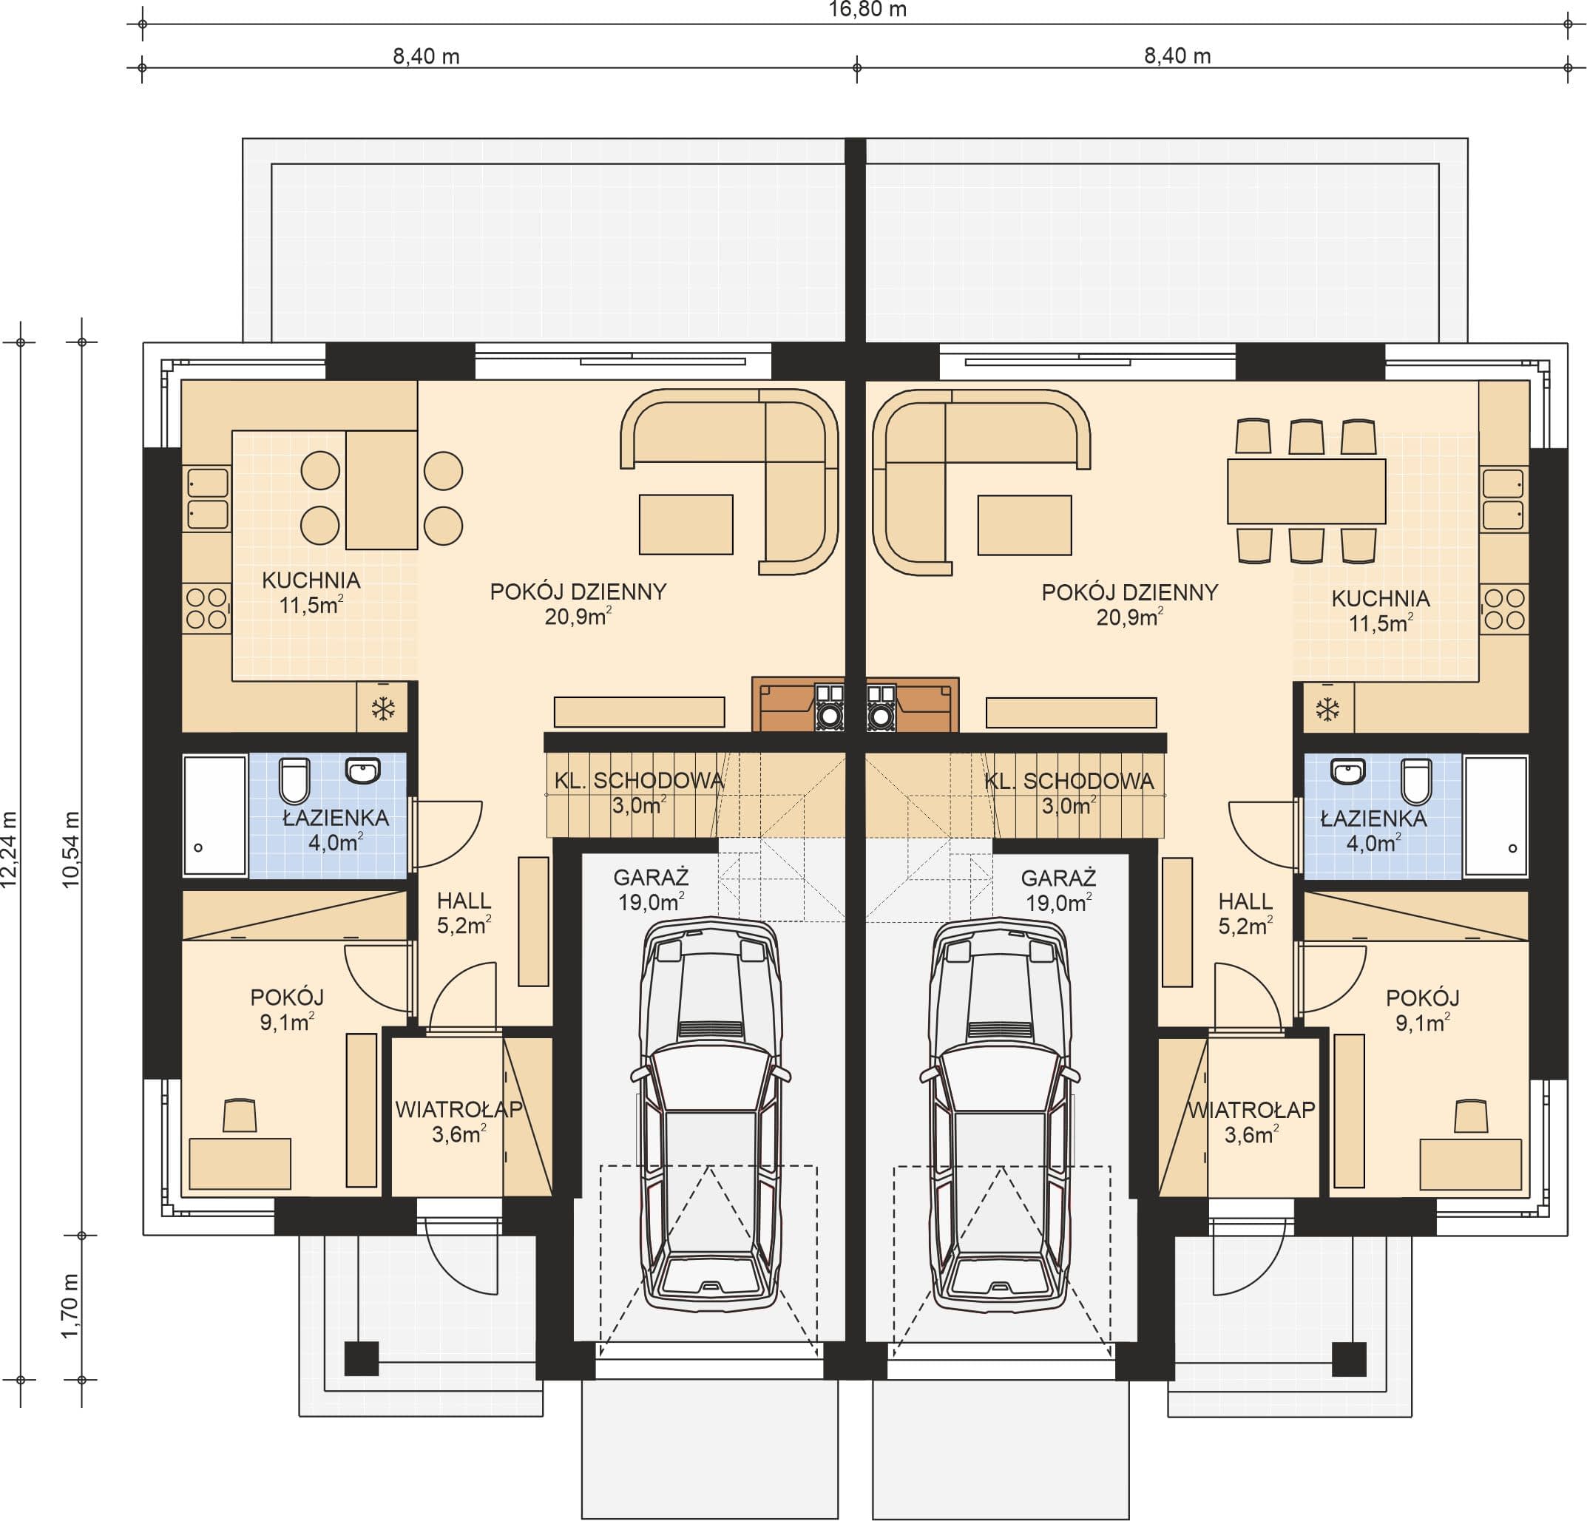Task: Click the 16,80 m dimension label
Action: pos(867,10)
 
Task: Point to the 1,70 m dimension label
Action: pos(71,1306)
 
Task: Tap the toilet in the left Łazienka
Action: pos(295,780)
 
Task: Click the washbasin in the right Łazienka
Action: pos(1347,771)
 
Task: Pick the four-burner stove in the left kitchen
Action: pos(206,609)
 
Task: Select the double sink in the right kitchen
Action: pos(1503,498)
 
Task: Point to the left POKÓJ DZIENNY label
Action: pos(578,592)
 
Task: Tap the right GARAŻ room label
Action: pos(1058,878)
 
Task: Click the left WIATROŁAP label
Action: pos(459,1109)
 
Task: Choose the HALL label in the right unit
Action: pos(1245,901)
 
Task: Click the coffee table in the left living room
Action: pos(686,524)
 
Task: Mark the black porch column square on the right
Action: pos(1349,1359)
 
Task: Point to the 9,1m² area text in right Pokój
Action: pos(1422,1023)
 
